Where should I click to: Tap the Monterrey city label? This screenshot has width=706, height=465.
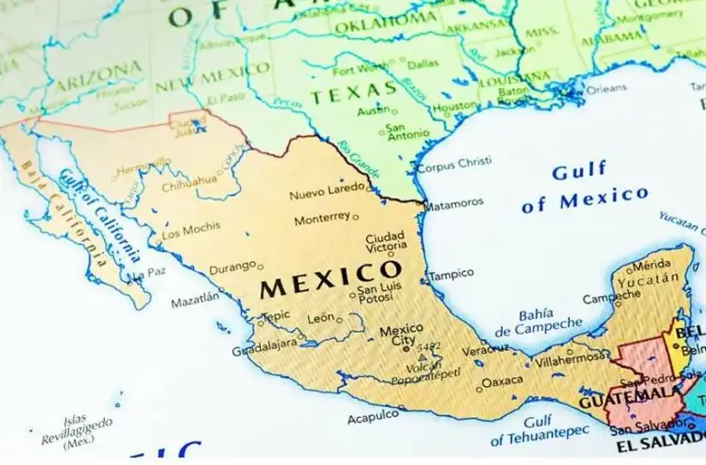(x=322, y=220)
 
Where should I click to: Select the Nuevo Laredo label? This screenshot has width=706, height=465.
(x=326, y=195)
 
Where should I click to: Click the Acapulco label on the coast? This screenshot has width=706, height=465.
(x=373, y=418)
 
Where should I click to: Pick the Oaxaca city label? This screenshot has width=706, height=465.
(x=502, y=380)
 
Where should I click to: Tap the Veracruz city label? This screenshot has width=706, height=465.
(x=484, y=350)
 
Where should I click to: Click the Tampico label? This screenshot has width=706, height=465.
(x=451, y=274)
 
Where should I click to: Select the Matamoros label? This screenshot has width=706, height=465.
(x=453, y=202)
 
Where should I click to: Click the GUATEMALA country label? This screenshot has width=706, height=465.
(x=630, y=399)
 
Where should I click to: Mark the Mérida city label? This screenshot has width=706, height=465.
(x=650, y=267)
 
